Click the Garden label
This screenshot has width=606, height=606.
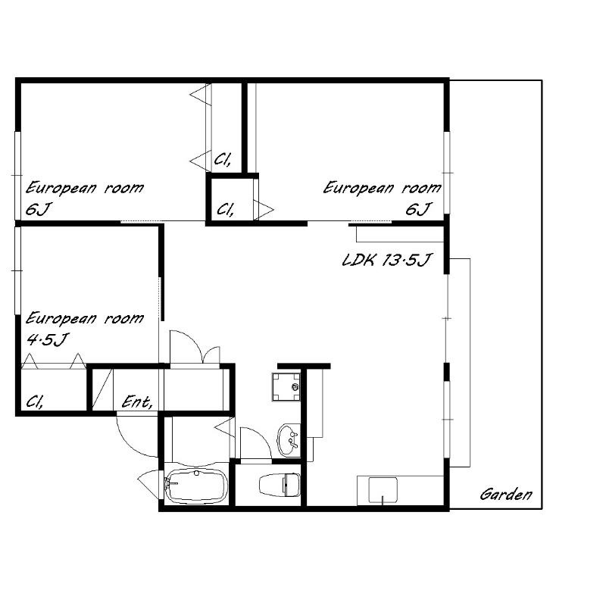point(506,495)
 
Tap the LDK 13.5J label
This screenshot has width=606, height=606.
point(386,260)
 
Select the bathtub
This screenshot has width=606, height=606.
point(195,486)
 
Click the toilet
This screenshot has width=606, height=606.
point(280,485)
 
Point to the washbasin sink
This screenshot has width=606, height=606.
point(289,439)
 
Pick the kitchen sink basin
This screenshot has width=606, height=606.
point(383,490)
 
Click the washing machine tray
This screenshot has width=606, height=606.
point(286,387)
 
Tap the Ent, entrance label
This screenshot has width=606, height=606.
point(137,402)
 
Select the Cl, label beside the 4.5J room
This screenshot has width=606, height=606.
point(34,402)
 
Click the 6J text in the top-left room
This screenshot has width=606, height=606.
point(38,209)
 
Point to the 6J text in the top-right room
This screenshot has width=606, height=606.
point(417,209)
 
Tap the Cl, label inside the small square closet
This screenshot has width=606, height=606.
point(225,210)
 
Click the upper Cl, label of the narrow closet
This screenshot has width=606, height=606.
point(223,159)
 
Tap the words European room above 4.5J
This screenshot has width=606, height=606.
point(85,318)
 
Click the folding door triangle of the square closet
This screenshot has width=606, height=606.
point(264,211)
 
